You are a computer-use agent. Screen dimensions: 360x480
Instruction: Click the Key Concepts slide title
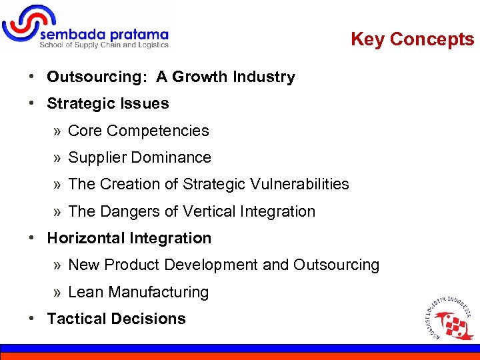412,39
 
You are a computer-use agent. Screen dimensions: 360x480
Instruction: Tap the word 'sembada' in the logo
71,34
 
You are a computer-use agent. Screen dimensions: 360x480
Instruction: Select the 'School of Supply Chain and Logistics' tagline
104,45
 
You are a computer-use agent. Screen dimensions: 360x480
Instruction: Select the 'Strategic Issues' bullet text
108,104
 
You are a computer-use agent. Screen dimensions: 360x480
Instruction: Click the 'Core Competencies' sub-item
138,131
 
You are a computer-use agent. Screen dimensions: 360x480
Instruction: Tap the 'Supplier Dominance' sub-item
139,157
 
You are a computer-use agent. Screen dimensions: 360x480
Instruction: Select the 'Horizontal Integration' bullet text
129,238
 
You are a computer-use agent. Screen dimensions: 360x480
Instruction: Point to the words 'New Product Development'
163,265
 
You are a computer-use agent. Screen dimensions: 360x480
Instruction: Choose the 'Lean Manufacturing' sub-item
138,292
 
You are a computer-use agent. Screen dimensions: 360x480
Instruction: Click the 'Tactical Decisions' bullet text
116,319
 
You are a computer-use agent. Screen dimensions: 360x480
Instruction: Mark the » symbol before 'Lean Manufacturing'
58,292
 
